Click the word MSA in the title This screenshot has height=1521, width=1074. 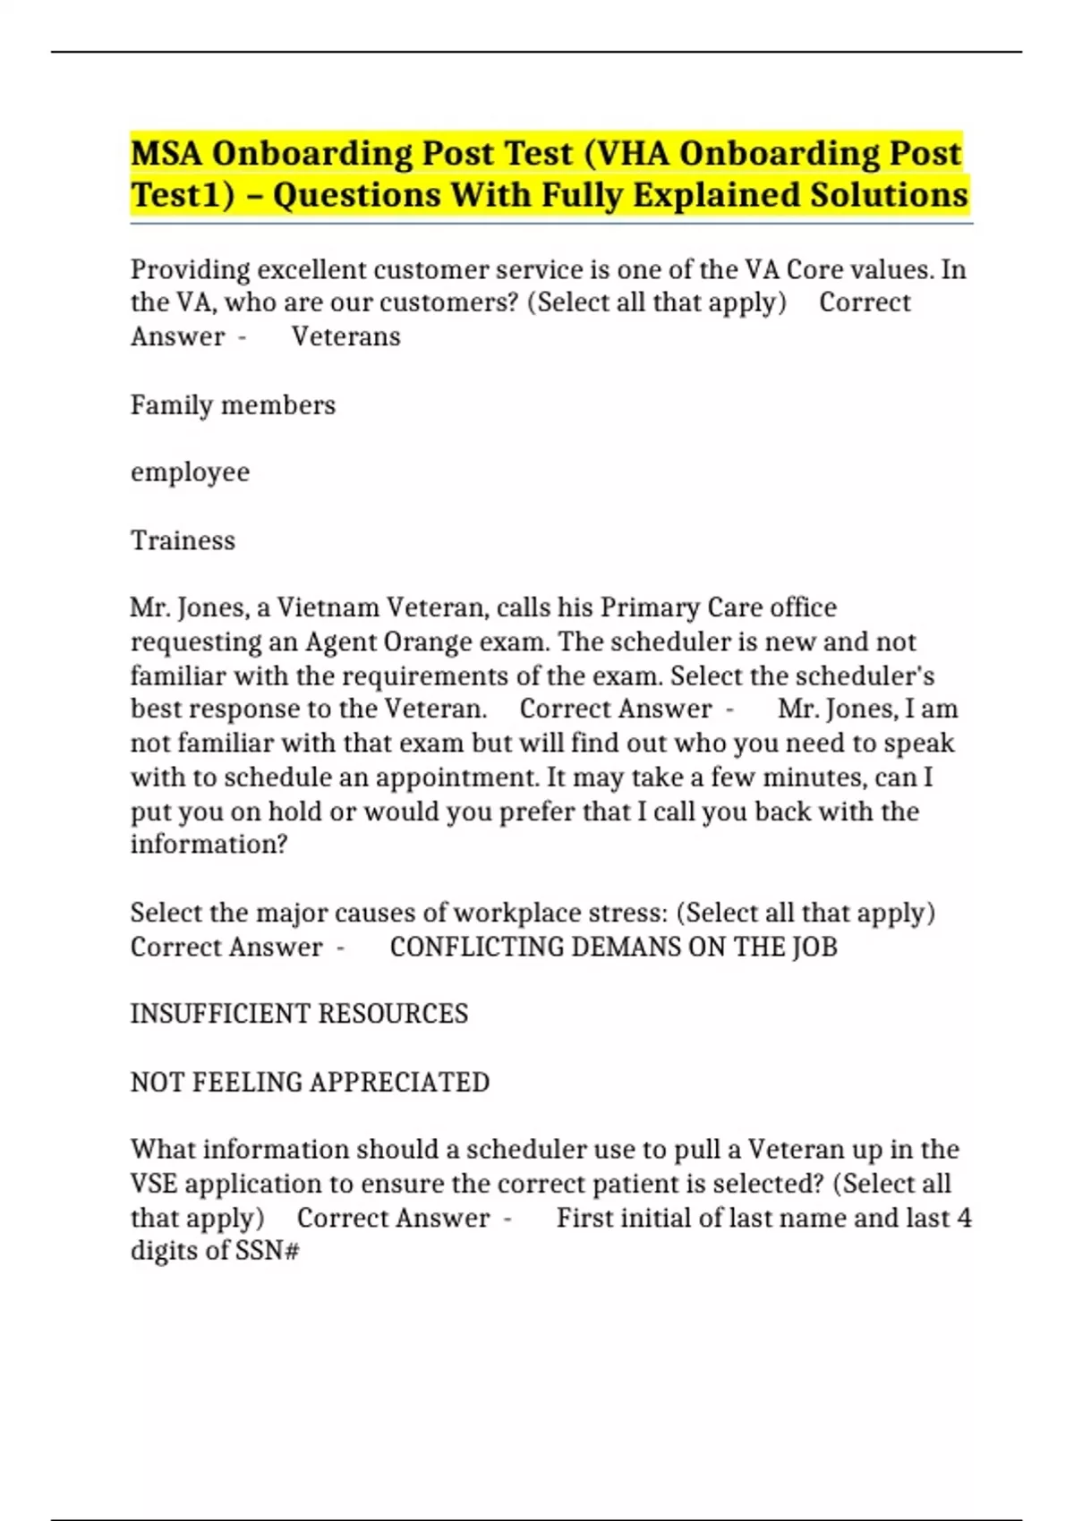pos(166,153)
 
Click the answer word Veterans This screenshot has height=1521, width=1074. pos(345,336)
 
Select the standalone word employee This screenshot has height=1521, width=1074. pos(190,472)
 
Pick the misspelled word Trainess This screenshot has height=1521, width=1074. pos(183,540)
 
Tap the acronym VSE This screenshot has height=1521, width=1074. pos(153,1184)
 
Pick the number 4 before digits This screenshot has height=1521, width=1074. pos(963,1218)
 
